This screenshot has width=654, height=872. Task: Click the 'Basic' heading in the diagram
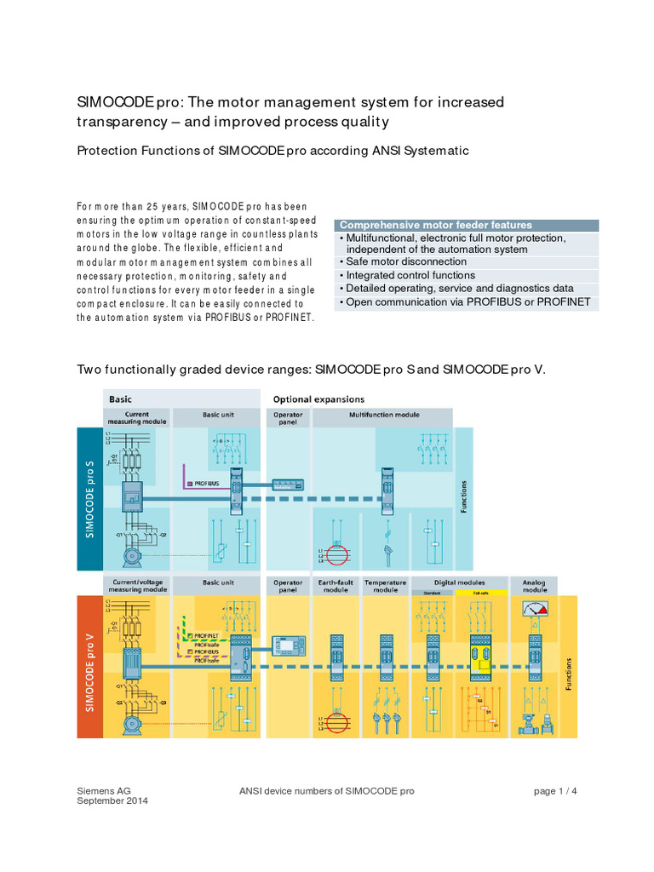click(120, 399)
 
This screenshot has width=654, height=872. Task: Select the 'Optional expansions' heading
click(318, 399)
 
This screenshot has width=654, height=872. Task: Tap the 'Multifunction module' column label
click(384, 416)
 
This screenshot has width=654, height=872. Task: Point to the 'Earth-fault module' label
click(332, 586)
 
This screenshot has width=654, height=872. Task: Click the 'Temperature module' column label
click(385, 586)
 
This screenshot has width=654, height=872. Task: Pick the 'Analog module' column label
click(535, 586)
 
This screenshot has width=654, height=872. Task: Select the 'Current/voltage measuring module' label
click(136, 586)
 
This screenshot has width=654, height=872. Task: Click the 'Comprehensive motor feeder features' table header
click(436, 225)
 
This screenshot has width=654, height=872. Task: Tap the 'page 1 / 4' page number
click(555, 791)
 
